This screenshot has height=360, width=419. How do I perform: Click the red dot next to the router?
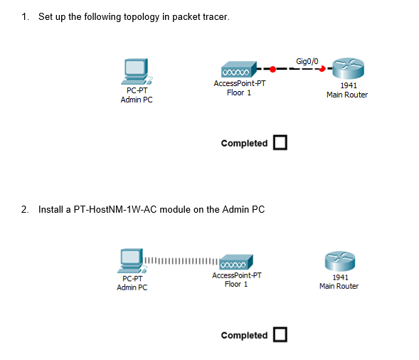click(x=322, y=69)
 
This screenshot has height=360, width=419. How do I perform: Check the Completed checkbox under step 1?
click(x=280, y=143)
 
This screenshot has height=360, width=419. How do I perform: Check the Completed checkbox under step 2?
click(x=280, y=335)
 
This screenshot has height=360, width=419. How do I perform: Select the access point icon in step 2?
click(x=235, y=262)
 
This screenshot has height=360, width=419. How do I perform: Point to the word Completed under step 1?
click(x=244, y=143)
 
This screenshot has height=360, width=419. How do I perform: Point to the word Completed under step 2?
click(x=244, y=335)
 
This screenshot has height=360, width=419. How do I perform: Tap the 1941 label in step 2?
click(x=339, y=277)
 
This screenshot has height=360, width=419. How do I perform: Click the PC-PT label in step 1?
click(x=137, y=91)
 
